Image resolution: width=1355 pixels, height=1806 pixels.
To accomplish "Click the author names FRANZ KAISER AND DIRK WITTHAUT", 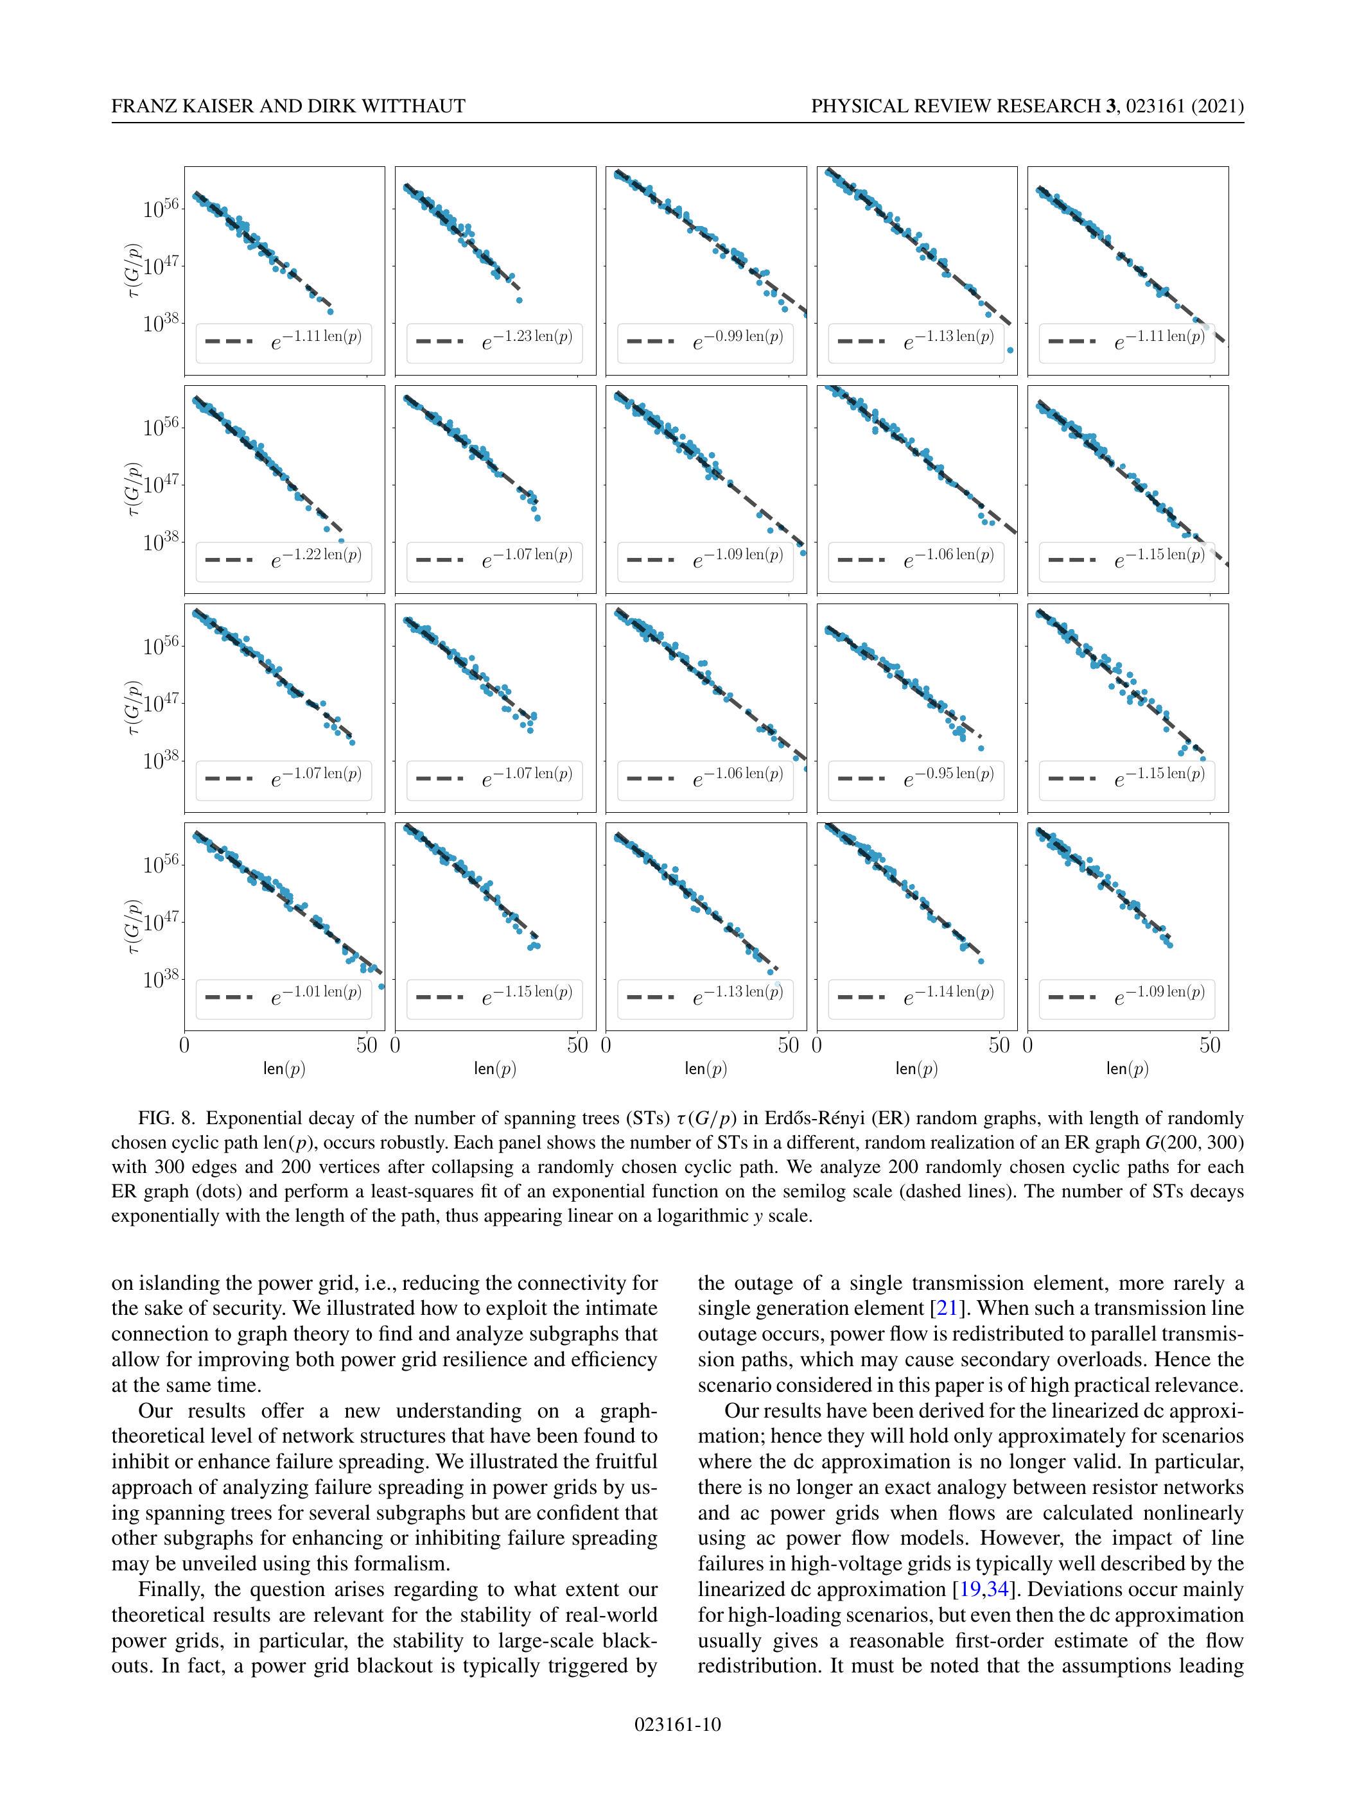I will click(288, 106).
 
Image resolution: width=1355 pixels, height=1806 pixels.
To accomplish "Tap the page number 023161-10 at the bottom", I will click(677, 1724).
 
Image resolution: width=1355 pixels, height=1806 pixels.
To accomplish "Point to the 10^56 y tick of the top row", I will click(160, 210).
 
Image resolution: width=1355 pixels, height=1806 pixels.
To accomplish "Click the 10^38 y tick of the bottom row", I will click(160, 980).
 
